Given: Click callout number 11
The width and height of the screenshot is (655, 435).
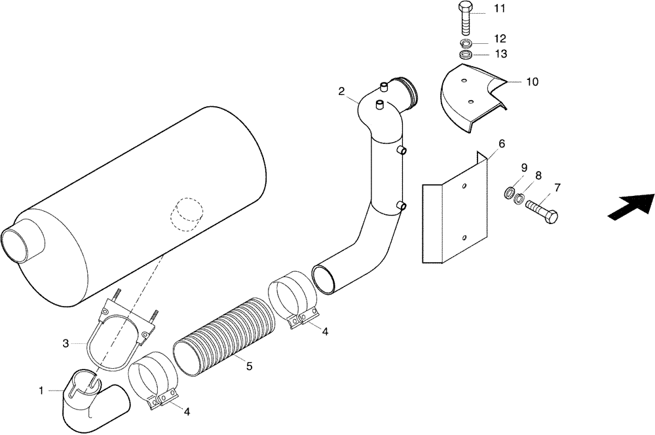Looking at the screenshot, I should [x=499, y=9].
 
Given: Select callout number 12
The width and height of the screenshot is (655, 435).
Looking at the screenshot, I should [x=499, y=39].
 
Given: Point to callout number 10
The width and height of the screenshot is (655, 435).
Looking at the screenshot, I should [x=532, y=82].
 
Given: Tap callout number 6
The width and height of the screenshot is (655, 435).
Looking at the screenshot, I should [x=502, y=143].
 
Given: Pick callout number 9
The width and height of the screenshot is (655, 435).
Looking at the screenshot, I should [x=524, y=168].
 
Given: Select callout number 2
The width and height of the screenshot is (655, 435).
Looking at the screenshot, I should [x=341, y=91].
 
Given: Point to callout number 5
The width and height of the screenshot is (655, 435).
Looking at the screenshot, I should [x=249, y=367].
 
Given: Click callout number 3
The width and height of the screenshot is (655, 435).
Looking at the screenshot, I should [x=65, y=343].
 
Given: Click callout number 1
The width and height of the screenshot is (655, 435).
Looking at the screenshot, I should [x=41, y=391].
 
